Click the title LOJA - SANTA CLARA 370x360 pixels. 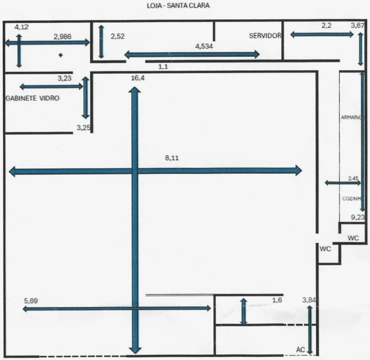coord(178,5)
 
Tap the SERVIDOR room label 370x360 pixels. coord(265,36)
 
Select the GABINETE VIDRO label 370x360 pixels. coord(33,98)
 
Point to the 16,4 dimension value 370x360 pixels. coord(138,78)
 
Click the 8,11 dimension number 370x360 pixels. coord(172,158)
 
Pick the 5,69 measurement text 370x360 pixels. coord(31,301)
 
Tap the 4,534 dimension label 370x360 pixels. coord(204,46)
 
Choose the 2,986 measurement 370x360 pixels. coord(62,37)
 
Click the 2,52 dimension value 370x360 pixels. coord(118,36)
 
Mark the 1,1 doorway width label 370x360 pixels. coord(163,66)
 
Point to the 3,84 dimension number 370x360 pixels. coord(309,300)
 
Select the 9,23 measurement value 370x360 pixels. coord(357,217)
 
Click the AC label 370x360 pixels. coord(300,349)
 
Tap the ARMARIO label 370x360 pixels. coord(351,117)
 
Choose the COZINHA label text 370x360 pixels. coord(352,198)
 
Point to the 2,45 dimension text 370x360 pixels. coord(353,178)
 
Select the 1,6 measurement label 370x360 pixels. coord(277,300)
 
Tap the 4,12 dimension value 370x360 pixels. coord(22,27)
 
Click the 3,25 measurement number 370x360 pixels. coord(83,127)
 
